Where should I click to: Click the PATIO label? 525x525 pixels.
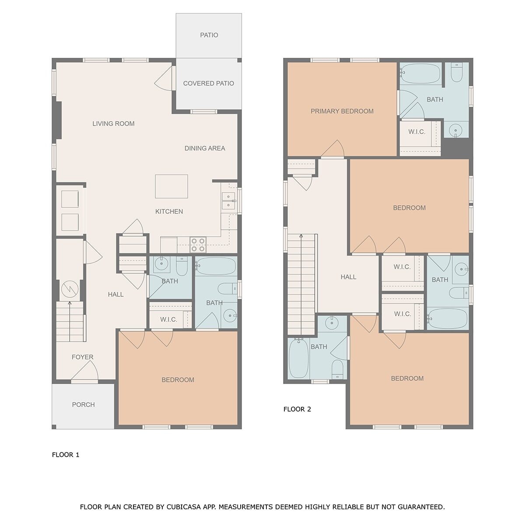pos(209,35)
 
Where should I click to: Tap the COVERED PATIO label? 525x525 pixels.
pos(208,84)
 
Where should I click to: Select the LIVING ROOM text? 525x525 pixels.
pos(113,124)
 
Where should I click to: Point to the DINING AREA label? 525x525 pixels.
pos(205,148)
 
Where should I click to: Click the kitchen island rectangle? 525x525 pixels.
pos(171,186)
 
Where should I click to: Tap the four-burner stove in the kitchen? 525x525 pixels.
pos(198,245)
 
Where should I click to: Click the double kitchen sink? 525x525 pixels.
pos(228,201)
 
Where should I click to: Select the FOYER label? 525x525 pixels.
pos(83,357)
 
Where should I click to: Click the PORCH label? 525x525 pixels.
pos(84,405)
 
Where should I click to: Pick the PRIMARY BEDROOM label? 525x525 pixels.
pos(342,111)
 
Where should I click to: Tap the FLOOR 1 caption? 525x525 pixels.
pos(66,455)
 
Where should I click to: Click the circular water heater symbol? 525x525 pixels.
pos(70,289)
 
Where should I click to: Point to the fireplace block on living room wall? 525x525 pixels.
pos(58,120)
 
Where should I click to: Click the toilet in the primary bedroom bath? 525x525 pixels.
pos(456,72)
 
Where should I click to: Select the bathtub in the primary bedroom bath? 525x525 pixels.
pos(420,73)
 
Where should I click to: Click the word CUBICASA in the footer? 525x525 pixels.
pos(184,507)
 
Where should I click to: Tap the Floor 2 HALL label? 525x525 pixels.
pos(348,277)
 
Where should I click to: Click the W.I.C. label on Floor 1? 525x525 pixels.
pos(168,319)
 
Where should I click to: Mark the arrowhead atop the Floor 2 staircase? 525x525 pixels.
pos(301,235)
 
